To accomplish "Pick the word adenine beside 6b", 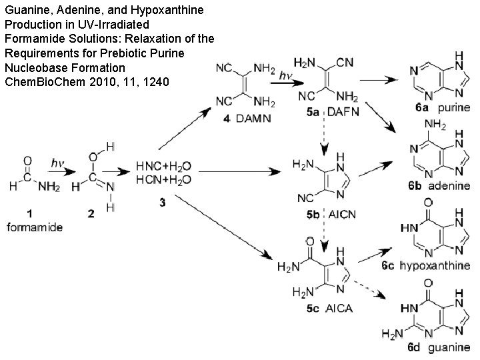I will click(x=450, y=185).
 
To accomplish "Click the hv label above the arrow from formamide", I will click(x=59, y=162).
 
